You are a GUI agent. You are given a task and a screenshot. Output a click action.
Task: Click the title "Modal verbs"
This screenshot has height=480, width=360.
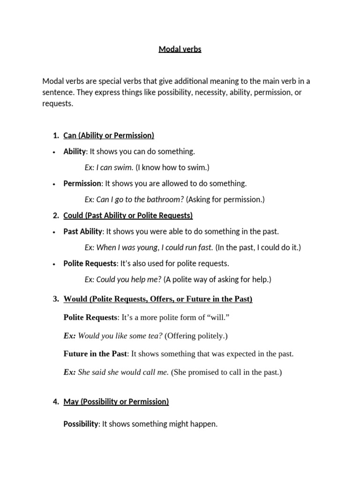pyautogui.click(x=180, y=49)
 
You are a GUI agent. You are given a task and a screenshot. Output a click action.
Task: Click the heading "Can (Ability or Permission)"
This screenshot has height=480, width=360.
pyautogui.click(x=108, y=135)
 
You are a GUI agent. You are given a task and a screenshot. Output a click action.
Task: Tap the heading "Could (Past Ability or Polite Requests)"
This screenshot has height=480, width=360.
pyautogui.click(x=128, y=215)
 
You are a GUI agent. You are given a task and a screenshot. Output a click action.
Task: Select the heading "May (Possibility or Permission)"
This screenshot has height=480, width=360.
pyautogui.click(x=116, y=401)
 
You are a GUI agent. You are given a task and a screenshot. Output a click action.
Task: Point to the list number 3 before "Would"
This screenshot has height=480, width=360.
pyautogui.click(x=56, y=299)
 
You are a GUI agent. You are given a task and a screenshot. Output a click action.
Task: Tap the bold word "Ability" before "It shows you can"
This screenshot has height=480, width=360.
pyautogui.click(x=75, y=151)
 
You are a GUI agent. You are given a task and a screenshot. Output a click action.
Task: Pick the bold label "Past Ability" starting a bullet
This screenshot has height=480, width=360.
pyautogui.click(x=82, y=231)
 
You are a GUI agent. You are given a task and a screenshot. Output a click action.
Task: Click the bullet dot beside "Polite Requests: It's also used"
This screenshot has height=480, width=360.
pyautogui.click(x=55, y=263)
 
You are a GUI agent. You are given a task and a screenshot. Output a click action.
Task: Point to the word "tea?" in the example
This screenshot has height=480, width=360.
pyautogui.click(x=155, y=336)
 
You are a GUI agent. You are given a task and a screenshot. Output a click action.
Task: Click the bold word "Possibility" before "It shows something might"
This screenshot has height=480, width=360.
pyautogui.click(x=81, y=424)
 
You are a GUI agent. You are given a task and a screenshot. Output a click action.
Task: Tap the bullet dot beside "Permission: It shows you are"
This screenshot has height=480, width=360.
pyautogui.click(x=55, y=184)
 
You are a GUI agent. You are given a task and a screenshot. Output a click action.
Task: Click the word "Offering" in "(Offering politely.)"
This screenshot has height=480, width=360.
pyautogui.click(x=181, y=336)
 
